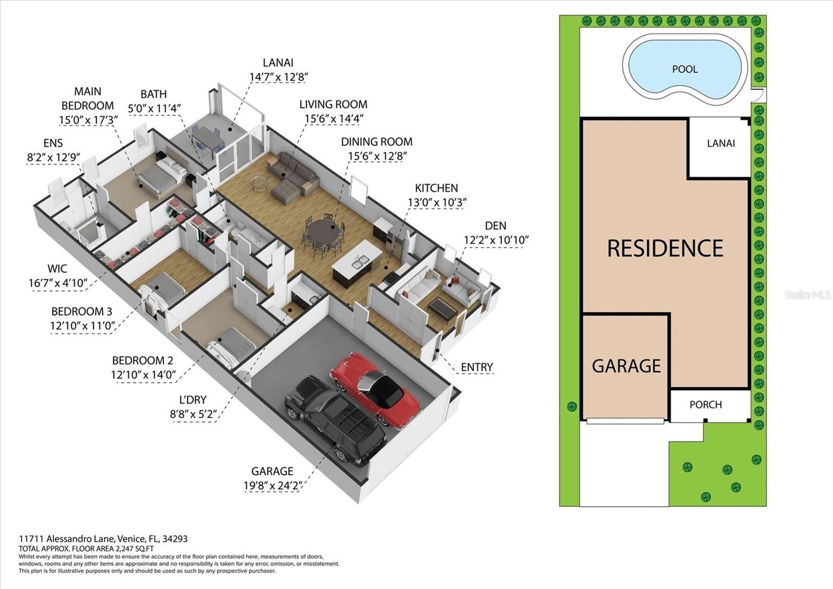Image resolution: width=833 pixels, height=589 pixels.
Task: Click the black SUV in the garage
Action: click(334, 420)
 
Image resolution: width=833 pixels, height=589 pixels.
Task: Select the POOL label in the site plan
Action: click(685, 69)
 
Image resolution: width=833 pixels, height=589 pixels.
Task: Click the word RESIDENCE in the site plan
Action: click(665, 248)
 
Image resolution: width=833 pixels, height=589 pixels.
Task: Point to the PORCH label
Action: click(705, 404)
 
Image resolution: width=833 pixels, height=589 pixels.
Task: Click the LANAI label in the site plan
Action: click(721, 143)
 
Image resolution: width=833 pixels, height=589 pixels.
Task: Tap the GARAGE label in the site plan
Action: click(626, 366)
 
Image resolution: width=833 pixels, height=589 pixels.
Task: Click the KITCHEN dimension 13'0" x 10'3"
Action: click(437, 202)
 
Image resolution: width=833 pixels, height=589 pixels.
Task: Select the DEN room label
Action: click(495, 226)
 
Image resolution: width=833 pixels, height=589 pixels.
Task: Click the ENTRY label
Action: click(477, 367)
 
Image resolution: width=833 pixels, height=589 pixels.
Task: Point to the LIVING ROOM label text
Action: click(333, 105)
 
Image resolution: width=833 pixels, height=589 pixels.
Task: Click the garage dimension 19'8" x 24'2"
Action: click(272, 485)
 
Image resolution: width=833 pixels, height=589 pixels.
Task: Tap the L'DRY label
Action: click(193, 400)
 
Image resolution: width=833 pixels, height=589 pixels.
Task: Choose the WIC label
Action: click(57, 268)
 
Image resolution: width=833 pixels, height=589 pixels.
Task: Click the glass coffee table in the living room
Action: click(260, 183)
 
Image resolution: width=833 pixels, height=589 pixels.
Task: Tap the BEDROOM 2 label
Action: click(143, 360)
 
